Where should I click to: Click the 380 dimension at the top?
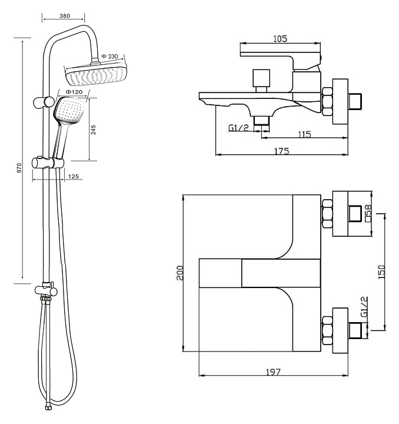[64, 16]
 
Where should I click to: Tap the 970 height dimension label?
[19, 167]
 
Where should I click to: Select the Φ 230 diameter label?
[110, 57]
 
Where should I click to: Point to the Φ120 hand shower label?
[73, 92]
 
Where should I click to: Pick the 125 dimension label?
[74, 177]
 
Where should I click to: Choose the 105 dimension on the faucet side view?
[280, 39]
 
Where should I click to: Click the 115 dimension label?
[304, 135]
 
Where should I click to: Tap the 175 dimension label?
[281, 151]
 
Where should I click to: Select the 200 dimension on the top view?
[180, 271]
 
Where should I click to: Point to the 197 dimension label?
[273, 372]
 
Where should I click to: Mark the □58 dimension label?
[368, 213]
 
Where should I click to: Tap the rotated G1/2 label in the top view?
[364, 307]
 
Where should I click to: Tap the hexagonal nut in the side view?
[327, 101]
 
